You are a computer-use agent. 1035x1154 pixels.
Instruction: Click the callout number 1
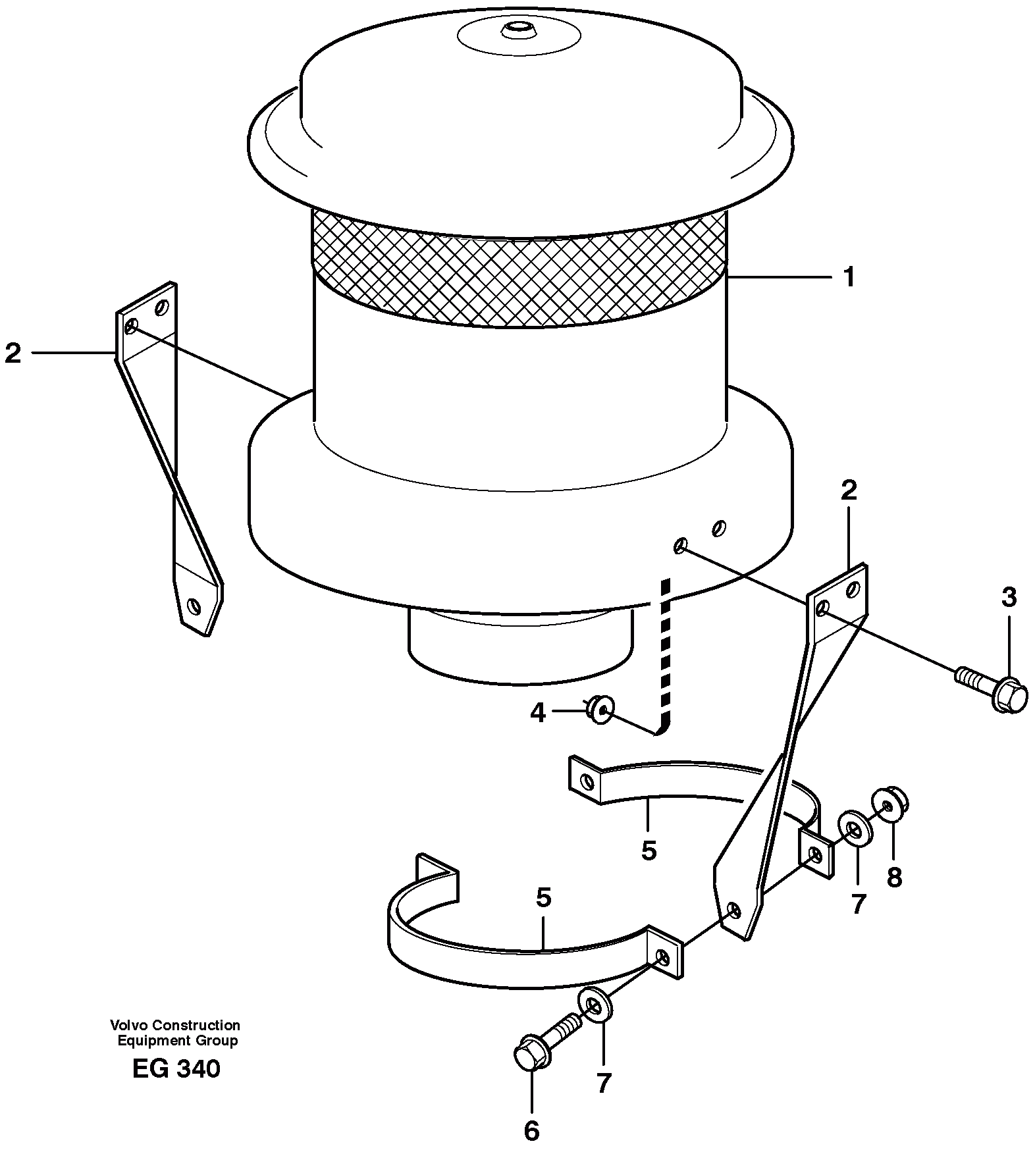[x=849, y=277]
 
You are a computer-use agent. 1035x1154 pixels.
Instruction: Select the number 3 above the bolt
[x=1009, y=598]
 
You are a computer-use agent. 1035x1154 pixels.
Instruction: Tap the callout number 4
[x=538, y=712]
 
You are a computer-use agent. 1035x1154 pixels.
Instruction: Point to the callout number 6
[x=531, y=1130]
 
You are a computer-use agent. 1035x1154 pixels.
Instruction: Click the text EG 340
[x=176, y=1068]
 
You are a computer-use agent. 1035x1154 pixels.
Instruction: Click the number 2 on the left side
[x=13, y=354]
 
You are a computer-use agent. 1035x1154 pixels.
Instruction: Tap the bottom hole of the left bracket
[x=193, y=604]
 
